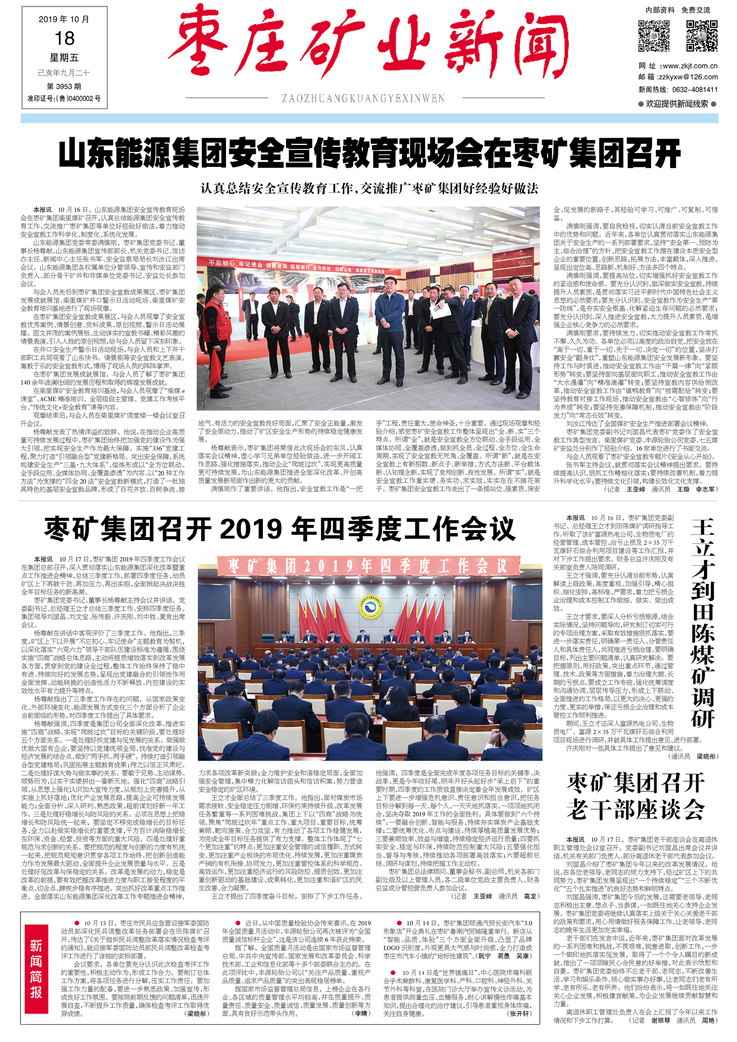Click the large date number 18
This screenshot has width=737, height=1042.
tap(64, 38)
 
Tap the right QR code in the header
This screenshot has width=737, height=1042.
tap(701, 35)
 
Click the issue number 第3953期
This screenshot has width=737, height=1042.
tap(64, 86)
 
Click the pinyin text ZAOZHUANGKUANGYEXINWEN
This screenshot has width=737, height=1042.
tap(363, 98)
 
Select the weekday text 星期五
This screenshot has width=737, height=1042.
tap(64, 58)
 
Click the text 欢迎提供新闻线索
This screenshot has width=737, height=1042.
tap(677, 104)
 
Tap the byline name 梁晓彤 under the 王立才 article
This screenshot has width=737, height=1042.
tap(706, 756)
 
